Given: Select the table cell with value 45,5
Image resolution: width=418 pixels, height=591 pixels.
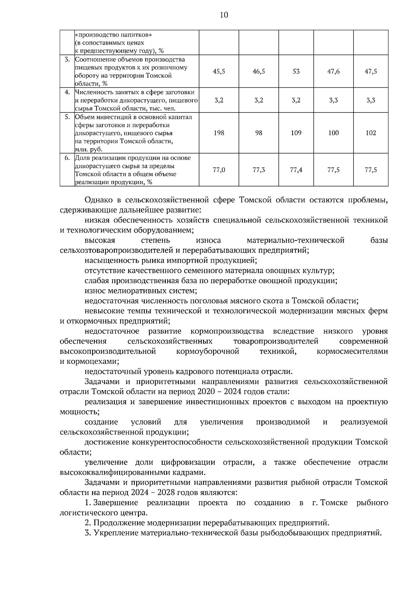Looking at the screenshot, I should (x=219, y=71).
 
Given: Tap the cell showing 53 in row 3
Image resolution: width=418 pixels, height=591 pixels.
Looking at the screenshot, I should (x=296, y=71).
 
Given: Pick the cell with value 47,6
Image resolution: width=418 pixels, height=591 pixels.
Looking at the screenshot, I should (x=333, y=71).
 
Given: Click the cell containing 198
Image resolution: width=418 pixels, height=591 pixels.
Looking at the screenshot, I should (x=219, y=133).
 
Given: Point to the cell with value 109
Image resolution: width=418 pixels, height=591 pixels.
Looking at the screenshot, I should (x=296, y=133).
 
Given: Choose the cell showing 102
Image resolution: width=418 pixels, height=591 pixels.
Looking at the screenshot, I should (x=371, y=133).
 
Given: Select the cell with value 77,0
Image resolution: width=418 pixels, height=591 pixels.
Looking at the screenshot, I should (x=219, y=170).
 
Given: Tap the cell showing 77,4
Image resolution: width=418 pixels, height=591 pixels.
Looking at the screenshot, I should (x=296, y=170).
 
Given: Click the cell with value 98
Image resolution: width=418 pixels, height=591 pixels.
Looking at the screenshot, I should (x=258, y=133).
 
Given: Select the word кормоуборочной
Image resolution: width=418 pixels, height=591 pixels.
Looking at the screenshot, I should (x=208, y=352).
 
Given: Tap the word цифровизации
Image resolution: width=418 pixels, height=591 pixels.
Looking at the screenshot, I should (x=188, y=463).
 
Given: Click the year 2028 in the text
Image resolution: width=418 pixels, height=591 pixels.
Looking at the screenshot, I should (x=162, y=493).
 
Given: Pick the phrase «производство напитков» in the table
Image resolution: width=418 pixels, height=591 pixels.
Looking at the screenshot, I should (x=114, y=35).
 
